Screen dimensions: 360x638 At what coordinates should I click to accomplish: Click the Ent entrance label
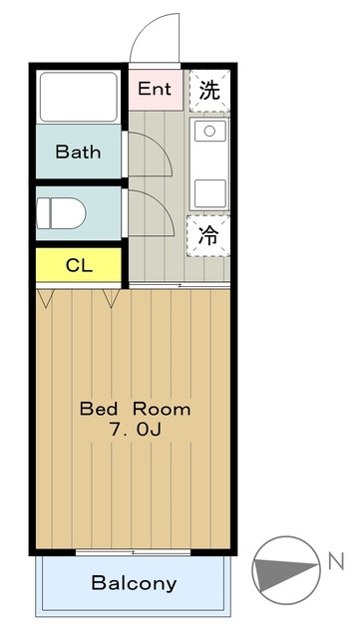pos(155,89)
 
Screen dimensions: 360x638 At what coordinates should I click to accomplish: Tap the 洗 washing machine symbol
pos(209,91)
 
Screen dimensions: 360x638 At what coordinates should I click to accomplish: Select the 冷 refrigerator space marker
pos(208,236)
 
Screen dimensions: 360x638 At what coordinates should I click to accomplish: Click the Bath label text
pos(78,152)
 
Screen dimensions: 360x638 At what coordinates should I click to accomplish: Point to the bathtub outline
pos(79,97)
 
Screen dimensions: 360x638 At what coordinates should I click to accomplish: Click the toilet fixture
pos(61,213)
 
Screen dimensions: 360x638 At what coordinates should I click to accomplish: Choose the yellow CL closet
pos(79,265)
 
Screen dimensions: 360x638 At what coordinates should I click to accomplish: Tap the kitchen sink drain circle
pos(209,131)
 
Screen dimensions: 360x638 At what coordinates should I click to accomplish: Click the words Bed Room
pos(135,409)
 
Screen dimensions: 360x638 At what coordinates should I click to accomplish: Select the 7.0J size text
pos(135,430)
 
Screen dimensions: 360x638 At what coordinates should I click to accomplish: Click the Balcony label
pos(134,583)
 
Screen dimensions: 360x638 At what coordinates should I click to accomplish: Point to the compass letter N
pos(336,562)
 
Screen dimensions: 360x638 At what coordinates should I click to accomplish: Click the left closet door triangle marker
pos(45,298)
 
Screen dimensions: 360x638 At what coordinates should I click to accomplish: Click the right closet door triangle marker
pos(111,298)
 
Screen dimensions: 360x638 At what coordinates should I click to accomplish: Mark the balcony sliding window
pos(134,552)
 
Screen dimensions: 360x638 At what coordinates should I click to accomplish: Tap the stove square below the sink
pos(209,193)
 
